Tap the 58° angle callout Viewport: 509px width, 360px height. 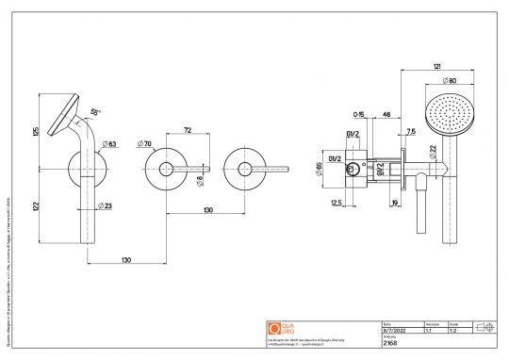point(94,111)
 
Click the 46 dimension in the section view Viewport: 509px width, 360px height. point(387,112)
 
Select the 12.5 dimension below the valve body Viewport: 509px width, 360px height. point(337,202)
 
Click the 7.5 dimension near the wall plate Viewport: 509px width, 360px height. point(411,131)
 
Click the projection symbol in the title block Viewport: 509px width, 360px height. point(487,326)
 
